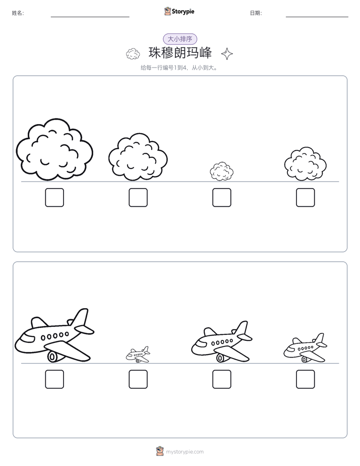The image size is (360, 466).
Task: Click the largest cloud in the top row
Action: coord(54,149)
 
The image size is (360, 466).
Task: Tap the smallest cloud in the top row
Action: coord(221,171)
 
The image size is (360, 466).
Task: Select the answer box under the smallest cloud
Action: coord(221,197)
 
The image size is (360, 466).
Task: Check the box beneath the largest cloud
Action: coord(54,197)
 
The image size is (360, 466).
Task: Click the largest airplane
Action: coord(54,336)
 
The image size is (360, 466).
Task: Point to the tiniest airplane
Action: coord(138,355)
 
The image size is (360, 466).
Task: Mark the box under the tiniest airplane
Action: coord(138,379)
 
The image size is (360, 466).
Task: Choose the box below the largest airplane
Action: coord(54,379)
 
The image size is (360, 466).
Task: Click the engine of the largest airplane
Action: coord(52,357)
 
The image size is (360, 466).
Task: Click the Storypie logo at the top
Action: coord(179,12)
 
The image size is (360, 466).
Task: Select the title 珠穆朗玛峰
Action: coord(180,53)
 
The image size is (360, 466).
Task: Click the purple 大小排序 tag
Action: coord(180,39)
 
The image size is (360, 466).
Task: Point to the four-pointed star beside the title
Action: coord(227,54)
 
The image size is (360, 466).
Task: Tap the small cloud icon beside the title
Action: coord(133,54)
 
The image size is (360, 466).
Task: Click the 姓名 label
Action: coord(18,13)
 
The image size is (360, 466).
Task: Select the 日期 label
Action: coord(256,13)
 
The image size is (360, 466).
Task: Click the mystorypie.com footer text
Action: coord(185,452)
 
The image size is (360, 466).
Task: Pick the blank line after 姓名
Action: coord(90,17)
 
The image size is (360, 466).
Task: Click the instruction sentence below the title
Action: coord(179,68)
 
